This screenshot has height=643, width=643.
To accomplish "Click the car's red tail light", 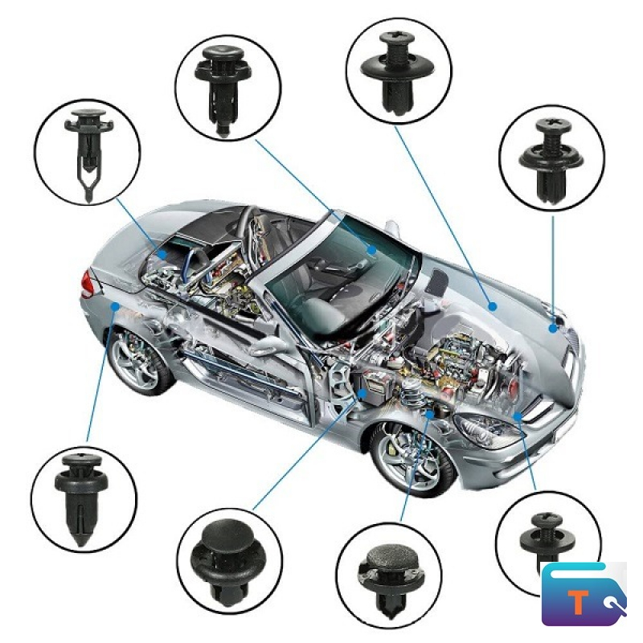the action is pos(87,284).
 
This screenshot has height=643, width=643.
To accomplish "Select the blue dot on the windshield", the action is pos(371,250).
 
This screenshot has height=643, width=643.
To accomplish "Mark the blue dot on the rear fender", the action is pos(116,306).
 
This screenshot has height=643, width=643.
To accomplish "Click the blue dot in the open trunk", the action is pos(163,254).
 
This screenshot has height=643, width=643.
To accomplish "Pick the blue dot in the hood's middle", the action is pos(493,306).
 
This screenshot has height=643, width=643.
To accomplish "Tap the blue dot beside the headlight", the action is pos(518,416).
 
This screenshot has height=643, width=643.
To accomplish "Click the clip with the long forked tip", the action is pos(88,154).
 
